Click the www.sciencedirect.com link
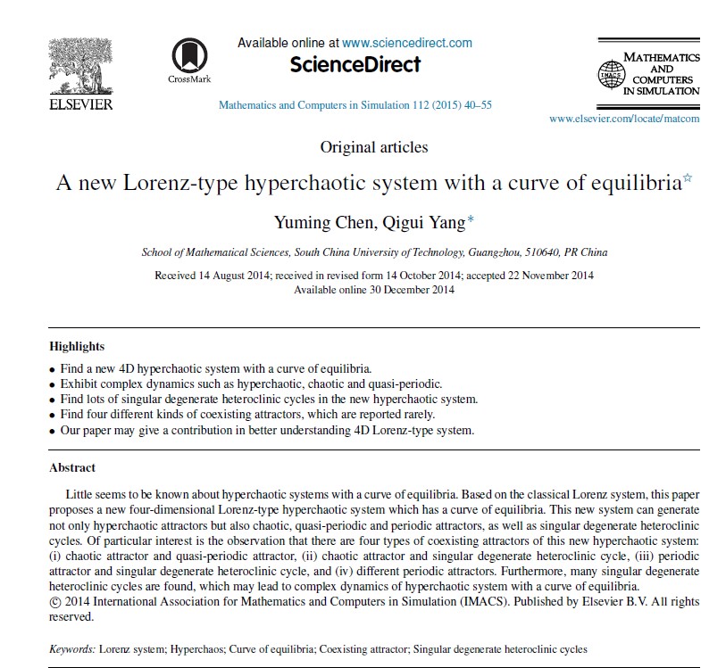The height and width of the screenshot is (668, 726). click(407, 43)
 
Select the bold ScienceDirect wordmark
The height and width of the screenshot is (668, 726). click(355, 64)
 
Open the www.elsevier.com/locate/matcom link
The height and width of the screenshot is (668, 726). click(624, 119)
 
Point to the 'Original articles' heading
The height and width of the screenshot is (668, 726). click(374, 147)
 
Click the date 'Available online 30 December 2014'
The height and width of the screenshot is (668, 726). click(374, 289)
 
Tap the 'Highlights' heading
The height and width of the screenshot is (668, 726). click(77, 346)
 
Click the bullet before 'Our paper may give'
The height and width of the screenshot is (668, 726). click(52, 432)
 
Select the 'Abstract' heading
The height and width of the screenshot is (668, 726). click(72, 467)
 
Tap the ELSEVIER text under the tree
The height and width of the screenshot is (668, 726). click(79, 104)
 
